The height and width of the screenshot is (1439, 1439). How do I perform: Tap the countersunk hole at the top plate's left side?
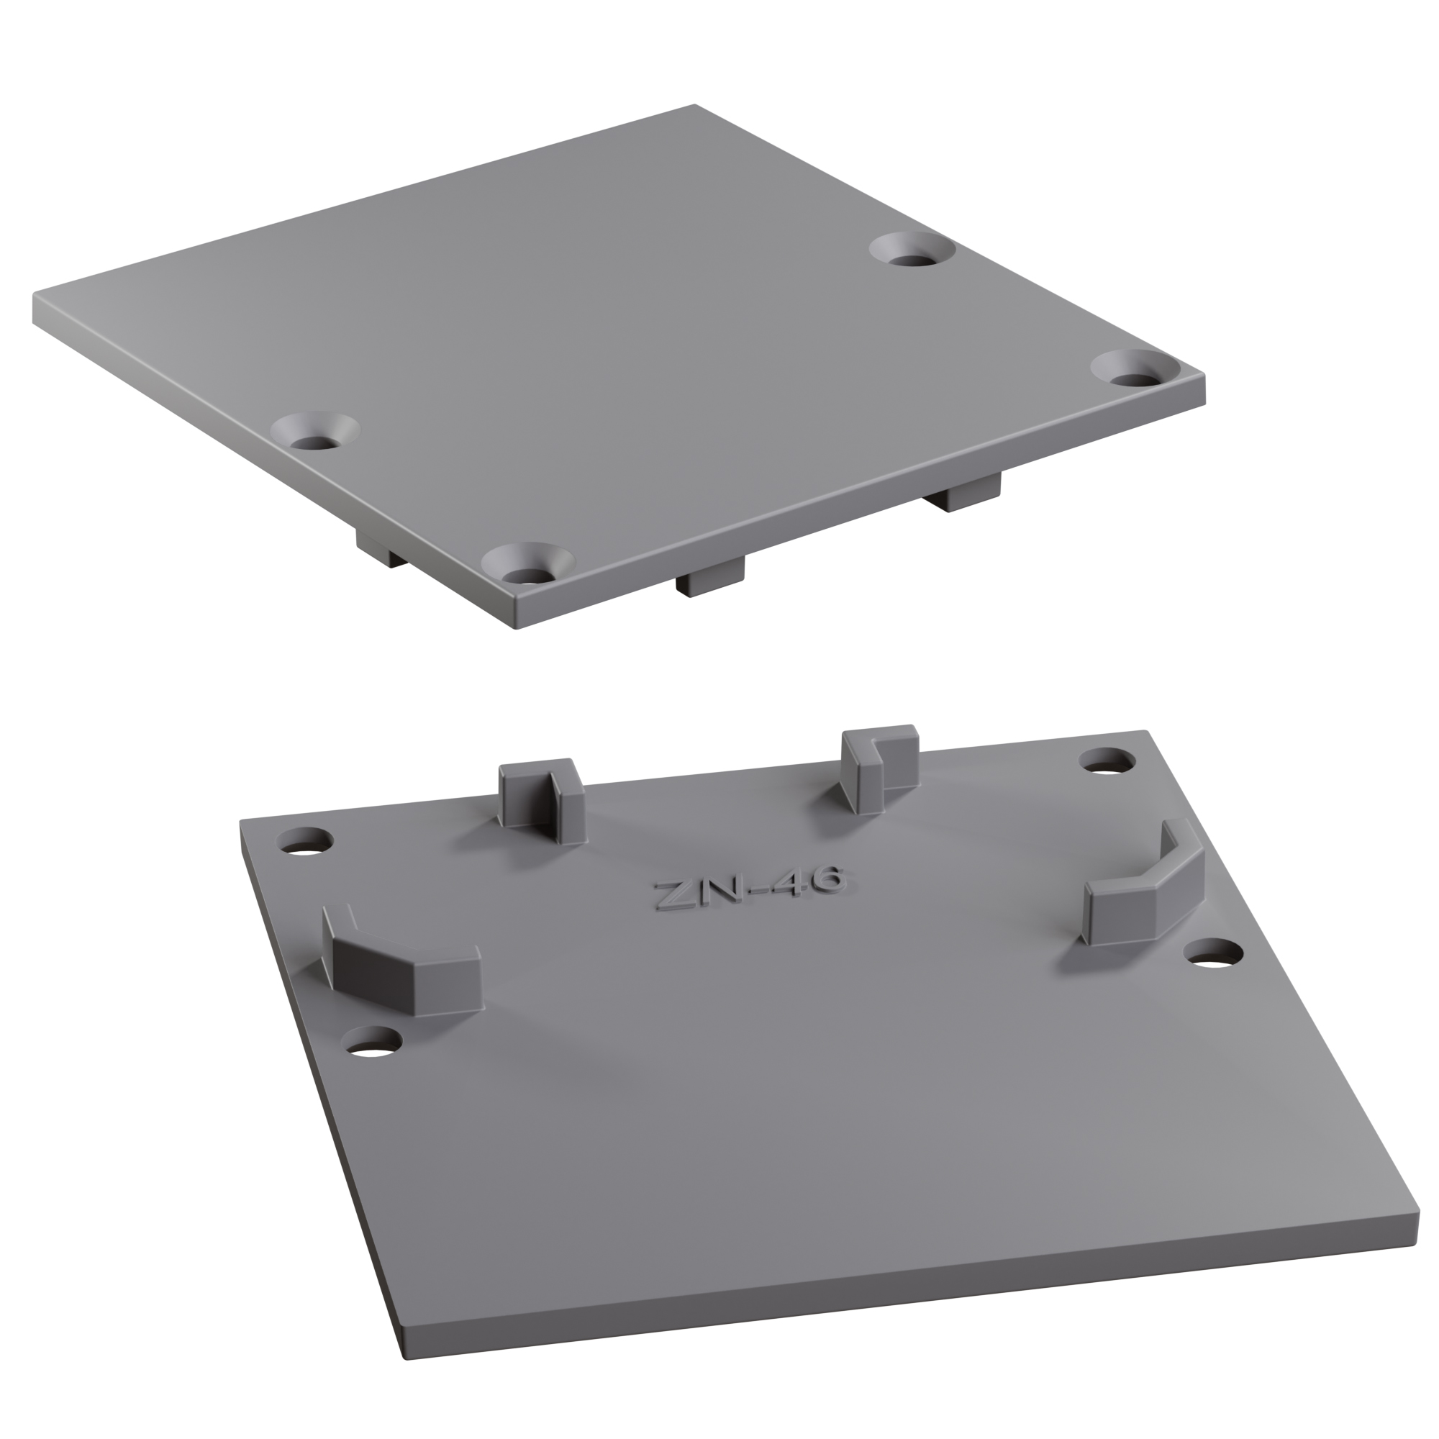314,432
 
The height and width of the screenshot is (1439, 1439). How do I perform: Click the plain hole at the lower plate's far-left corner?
304,842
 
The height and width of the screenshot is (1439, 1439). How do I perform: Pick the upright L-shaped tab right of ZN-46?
877,771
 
